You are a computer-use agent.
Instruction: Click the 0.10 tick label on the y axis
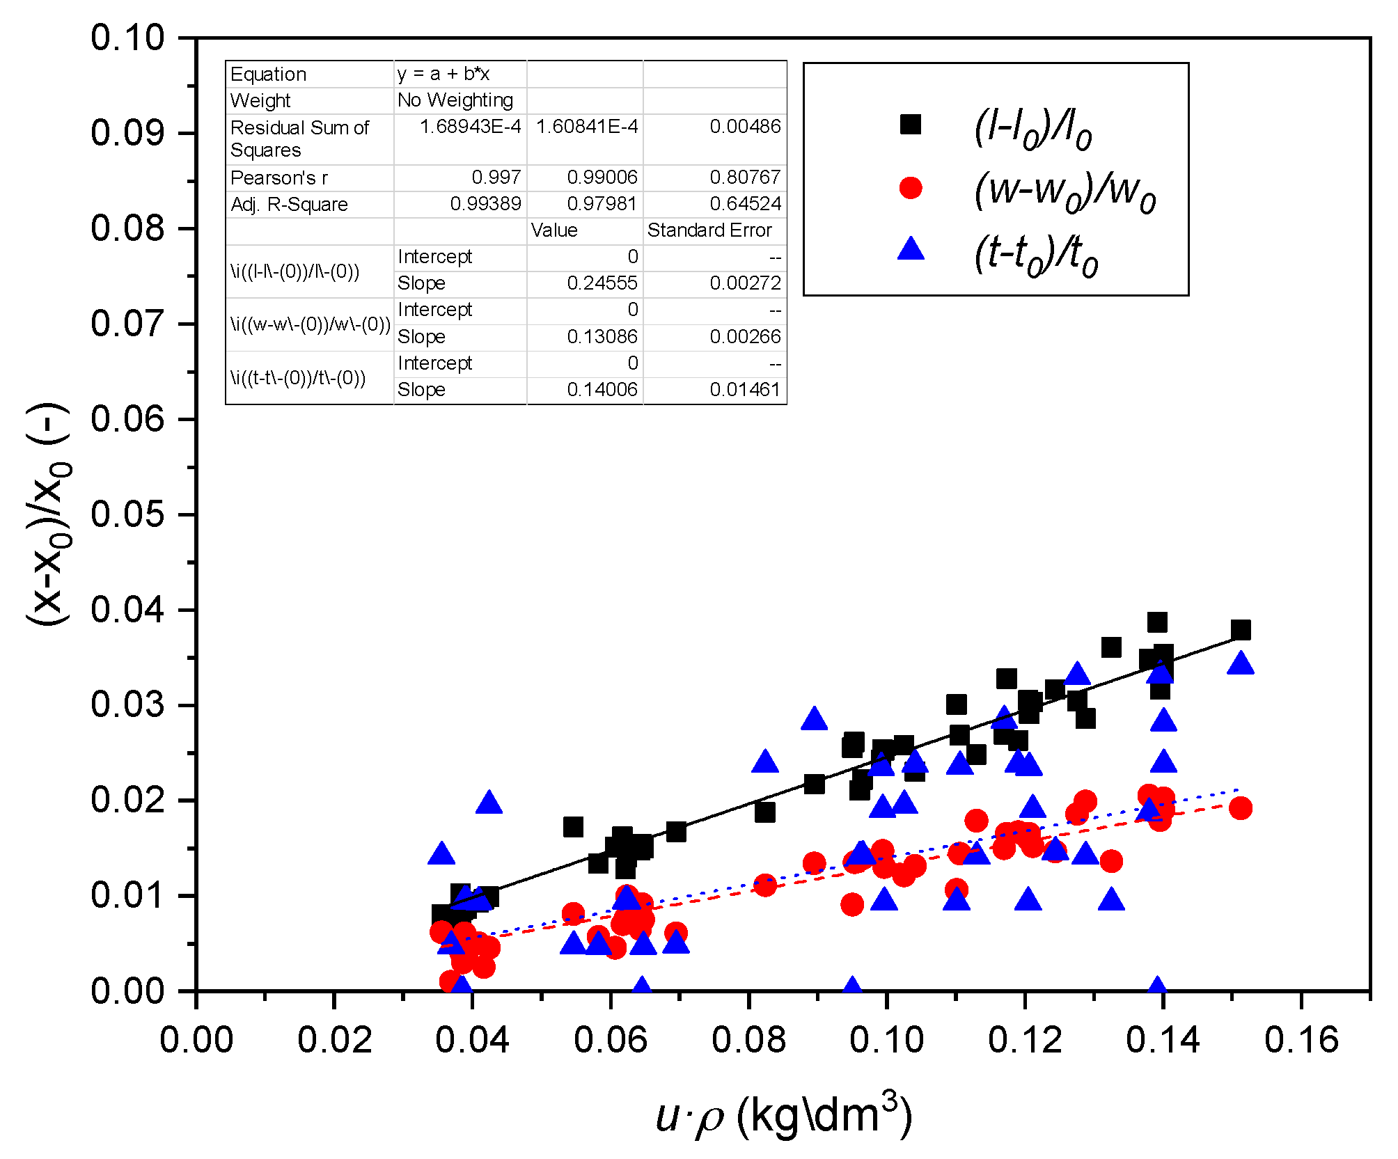pyautogui.click(x=127, y=38)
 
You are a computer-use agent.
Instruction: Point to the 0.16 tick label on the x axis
pyautogui.click(x=1301, y=1041)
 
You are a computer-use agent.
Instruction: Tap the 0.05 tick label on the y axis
pyautogui.click(x=127, y=514)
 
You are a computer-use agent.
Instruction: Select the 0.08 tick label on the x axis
pyautogui.click(x=748, y=1041)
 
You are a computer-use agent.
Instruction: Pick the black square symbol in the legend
pyautogui.click(x=910, y=125)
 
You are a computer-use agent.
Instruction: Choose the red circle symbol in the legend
pyautogui.click(x=910, y=187)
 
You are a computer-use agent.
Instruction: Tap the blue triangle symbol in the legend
pyautogui.click(x=910, y=249)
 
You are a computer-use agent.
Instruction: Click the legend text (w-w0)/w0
pyautogui.click(x=1064, y=189)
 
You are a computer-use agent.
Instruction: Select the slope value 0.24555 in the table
pyautogui.click(x=602, y=283)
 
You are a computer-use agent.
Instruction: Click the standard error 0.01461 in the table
pyautogui.click(x=744, y=390)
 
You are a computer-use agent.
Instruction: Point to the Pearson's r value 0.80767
pyautogui.click(x=744, y=178)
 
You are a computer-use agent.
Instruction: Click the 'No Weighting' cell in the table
pyautogui.click(x=455, y=100)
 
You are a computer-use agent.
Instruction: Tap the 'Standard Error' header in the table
pyautogui.click(x=709, y=230)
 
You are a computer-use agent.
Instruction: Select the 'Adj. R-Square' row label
pyautogui.click(x=289, y=205)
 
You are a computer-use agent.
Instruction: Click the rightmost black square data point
pyautogui.click(x=1240, y=630)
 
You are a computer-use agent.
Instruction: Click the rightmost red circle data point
pyautogui.click(x=1240, y=808)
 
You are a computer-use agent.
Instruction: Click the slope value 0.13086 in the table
pyautogui.click(x=602, y=337)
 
